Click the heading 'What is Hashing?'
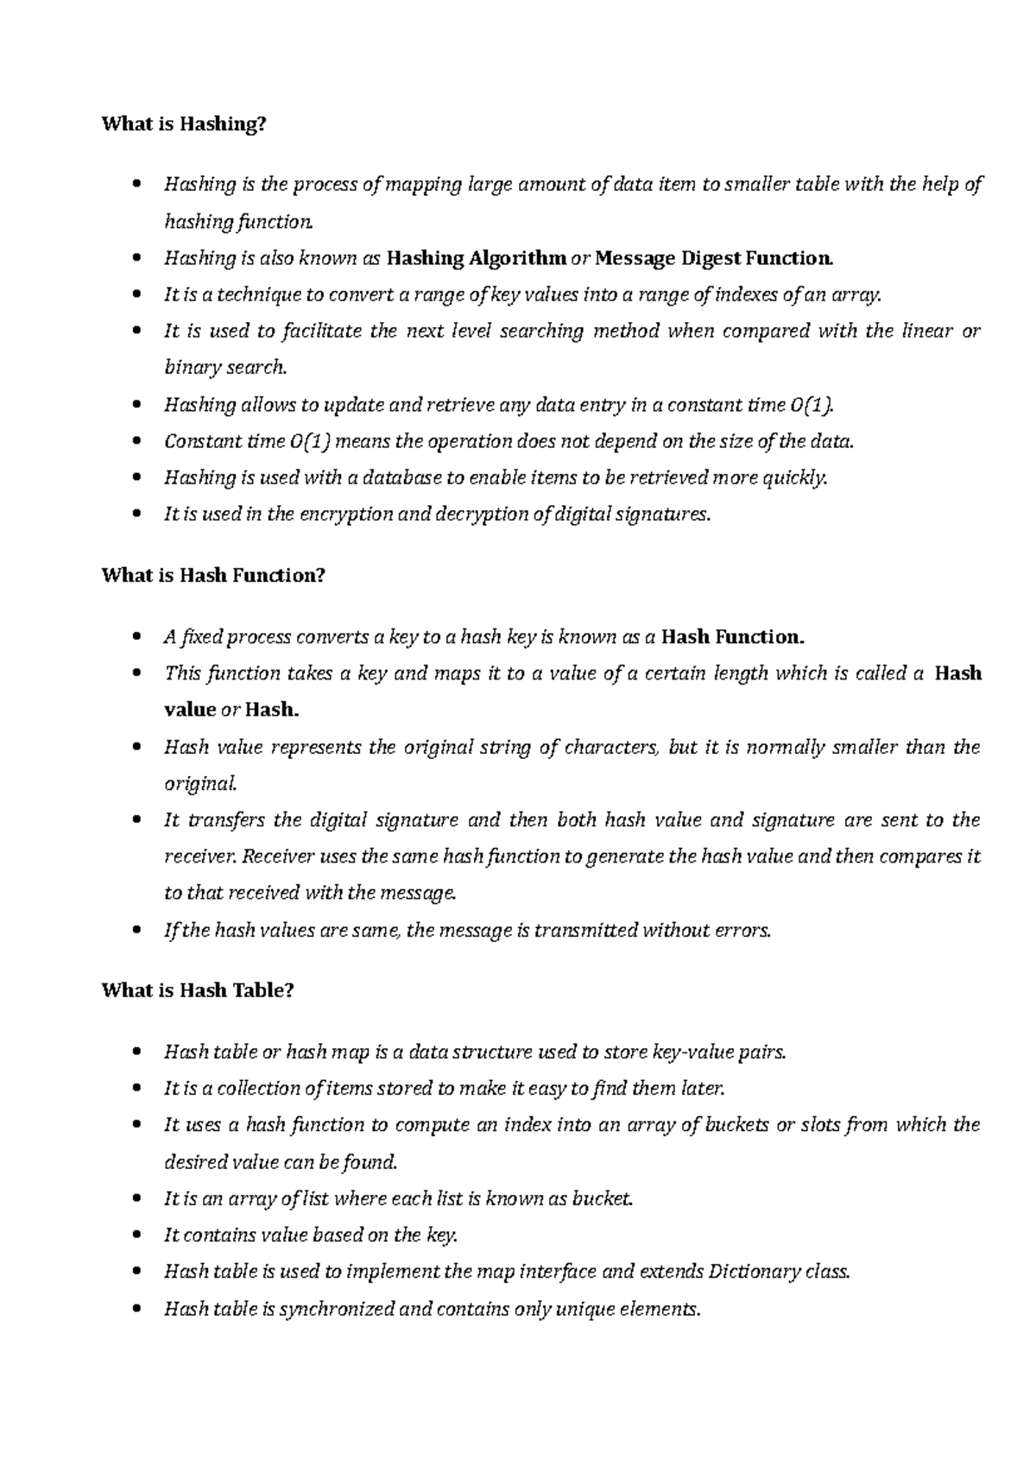[184, 124]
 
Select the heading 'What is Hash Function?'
[213, 575]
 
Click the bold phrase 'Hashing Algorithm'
[477, 258]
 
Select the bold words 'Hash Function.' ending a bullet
[732, 637]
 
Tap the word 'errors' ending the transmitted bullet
[743, 931]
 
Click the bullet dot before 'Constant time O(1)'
[138, 442]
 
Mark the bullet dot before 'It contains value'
[138, 1235]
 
